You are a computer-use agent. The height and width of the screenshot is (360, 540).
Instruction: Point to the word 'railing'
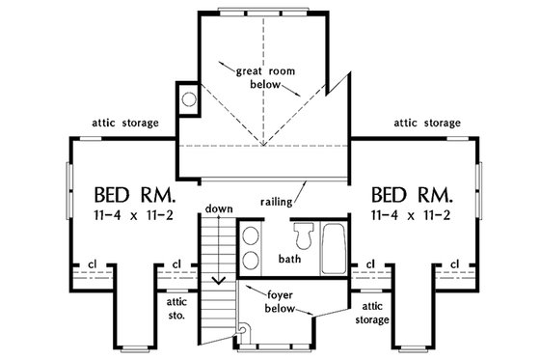(277, 202)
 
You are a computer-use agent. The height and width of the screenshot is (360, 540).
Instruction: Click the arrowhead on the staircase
(220, 280)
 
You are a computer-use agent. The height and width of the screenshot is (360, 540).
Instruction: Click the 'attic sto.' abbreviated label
(176, 307)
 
